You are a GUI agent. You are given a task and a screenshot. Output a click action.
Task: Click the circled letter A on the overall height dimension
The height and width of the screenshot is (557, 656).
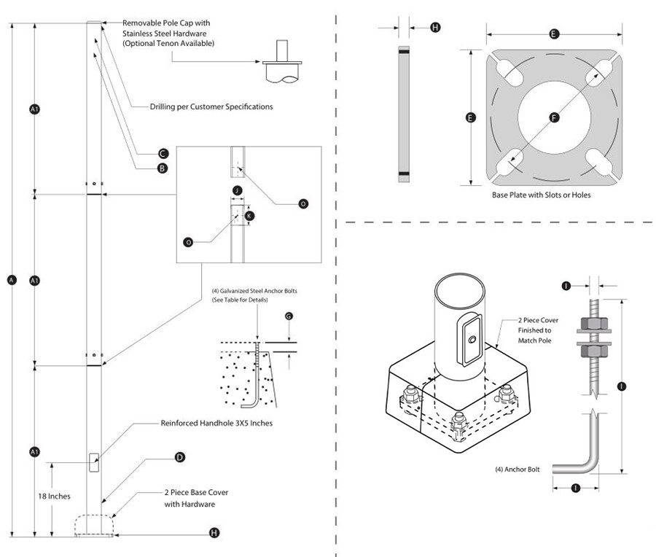pyautogui.click(x=11, y=280)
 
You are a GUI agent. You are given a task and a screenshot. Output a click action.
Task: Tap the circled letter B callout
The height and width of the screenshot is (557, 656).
pyautogui.click(x=163, y=168)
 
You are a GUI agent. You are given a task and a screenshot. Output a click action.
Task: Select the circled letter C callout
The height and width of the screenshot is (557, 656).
pyautogui.click(x=163, y=153)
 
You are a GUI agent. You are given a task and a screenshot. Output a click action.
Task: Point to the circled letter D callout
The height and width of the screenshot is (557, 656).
pyautogui.click(x=179, y=457)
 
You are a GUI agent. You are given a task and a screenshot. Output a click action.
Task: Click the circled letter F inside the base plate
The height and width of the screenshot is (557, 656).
pyautogui.click(x=553, y=116)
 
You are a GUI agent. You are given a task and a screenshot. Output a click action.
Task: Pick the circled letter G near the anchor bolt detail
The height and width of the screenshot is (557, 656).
pyautogui.click(x=289, y=315)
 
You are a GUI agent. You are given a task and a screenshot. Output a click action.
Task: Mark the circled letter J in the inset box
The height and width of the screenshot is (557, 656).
pyautogui.click(x=236, y=190)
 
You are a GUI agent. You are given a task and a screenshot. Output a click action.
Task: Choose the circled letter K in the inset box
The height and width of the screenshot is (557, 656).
pyautogui.click(x=249, y=216)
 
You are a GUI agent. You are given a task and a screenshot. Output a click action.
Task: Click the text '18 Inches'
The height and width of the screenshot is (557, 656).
pyautogui.click(x=54, y=496)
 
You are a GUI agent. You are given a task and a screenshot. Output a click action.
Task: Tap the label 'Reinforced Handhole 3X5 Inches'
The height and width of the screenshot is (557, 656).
pyautogui.click(x=216, y=424)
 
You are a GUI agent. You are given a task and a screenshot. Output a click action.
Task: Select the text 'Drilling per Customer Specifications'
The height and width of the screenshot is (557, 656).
pyautogui.click(x=211, y=106)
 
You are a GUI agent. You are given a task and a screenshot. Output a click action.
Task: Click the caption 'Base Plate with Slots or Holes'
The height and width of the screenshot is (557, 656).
pyautogui.click(x=541, y=195)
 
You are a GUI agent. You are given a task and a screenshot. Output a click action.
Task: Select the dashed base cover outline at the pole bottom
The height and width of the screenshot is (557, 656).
pyautogui.click(x=95, y=525)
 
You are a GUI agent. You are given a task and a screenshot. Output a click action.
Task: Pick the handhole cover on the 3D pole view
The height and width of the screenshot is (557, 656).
pyautogui.click(x=470, y=338)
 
